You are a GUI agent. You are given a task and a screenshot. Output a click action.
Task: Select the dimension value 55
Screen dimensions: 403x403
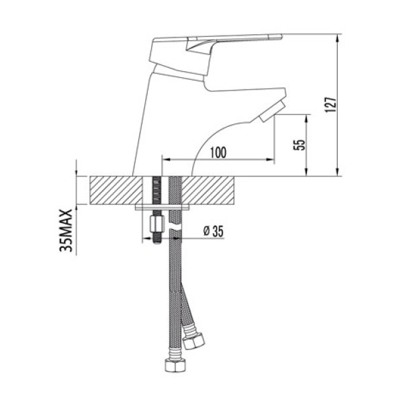click(x=300, y=146)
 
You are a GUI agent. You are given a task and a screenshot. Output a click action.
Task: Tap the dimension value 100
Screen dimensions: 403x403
click(x=217, y=152)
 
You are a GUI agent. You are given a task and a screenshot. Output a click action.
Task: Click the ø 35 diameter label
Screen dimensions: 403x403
click(x=212, y=232)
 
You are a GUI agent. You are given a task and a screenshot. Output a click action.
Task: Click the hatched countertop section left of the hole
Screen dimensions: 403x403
click(x=111, y=191)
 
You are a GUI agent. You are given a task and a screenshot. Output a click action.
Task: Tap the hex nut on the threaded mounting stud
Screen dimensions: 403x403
click(x=156, y=221)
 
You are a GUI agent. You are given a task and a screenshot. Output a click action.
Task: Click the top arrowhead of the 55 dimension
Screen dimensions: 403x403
click(x=308, y=118)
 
